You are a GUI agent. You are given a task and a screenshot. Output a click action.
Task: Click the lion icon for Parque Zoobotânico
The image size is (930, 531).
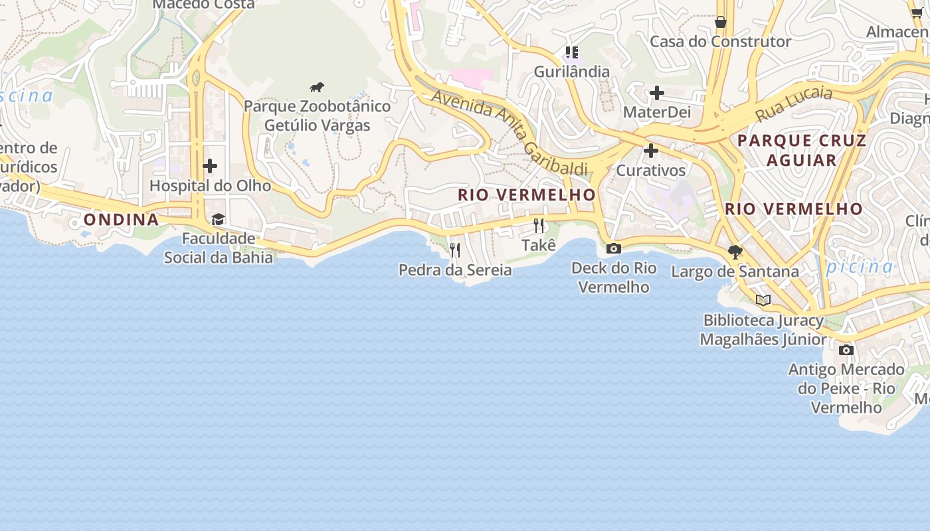pos(317,88)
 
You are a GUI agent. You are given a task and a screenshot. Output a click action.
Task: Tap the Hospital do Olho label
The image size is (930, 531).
pos(210,186)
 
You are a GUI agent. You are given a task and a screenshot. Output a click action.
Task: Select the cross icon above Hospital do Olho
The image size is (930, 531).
pos(210,165)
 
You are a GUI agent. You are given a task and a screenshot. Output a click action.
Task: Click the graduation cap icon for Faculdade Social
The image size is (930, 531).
pos(218,219)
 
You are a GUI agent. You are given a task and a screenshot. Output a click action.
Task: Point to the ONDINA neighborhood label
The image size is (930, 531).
pos(122,220)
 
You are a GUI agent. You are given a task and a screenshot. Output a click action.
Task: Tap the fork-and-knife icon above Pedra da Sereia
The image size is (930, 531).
pos(455,250)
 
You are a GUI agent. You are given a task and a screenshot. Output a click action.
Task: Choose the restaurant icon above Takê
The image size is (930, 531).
pos(539,226)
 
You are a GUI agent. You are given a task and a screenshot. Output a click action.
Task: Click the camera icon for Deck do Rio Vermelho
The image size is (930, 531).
pos(614,248)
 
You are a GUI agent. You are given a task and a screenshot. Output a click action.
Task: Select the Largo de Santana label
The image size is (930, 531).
pos(735,271)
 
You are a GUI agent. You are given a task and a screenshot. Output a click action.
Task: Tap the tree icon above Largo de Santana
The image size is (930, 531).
pos(735,252)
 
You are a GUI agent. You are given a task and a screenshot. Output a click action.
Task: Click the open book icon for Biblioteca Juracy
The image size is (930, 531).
pos(763,300)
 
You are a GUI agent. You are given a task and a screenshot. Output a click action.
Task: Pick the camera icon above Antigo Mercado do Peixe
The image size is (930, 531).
pos(846,350)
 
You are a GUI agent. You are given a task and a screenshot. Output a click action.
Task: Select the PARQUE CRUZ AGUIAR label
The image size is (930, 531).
pos(801,151)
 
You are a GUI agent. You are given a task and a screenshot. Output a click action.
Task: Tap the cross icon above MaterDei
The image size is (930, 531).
pos(657,93)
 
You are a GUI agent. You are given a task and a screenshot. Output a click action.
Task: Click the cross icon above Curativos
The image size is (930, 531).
pos(651,151)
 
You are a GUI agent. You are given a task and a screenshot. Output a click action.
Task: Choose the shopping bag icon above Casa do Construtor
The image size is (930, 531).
pos(720,23)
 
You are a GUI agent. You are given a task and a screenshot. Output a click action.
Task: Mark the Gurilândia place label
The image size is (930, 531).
pos(571,72)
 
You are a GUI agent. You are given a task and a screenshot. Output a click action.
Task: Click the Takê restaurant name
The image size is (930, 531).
pos(538,246)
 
